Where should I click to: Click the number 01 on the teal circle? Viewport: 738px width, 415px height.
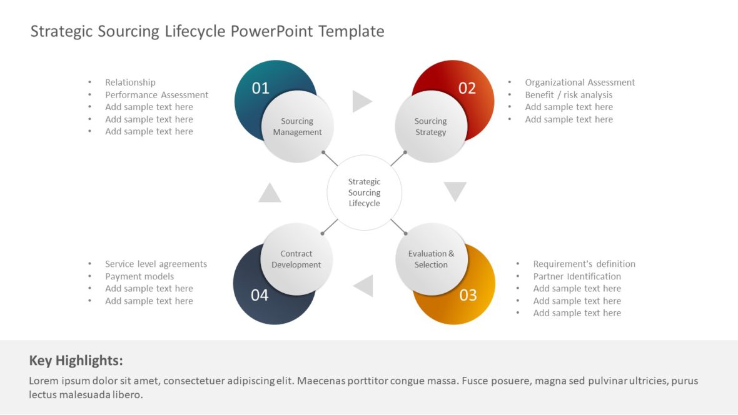260,88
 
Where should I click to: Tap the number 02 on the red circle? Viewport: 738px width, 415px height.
467,88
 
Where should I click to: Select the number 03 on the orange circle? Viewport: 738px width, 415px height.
468,295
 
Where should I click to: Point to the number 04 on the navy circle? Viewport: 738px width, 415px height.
260,295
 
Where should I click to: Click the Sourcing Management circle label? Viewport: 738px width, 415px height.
298,127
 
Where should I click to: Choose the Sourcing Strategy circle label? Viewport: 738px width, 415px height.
430,127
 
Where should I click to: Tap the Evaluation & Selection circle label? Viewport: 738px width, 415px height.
431,259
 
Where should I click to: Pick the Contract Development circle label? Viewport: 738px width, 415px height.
296,259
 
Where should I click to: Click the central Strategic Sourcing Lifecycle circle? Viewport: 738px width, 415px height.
364,192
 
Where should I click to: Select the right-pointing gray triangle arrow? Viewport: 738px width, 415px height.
361,101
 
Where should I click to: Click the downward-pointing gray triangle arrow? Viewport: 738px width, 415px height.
455,191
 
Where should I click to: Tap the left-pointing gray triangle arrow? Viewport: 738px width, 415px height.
364,286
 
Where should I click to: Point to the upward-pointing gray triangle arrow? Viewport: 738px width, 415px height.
270,193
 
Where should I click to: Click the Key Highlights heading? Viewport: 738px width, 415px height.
76,361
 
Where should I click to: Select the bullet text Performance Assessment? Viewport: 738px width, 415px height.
156,95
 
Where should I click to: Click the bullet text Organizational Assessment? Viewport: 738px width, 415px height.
580,82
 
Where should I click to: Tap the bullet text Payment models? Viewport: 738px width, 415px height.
139,276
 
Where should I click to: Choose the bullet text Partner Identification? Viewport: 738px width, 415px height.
577,276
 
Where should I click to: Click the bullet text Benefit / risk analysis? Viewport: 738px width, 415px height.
569,95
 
